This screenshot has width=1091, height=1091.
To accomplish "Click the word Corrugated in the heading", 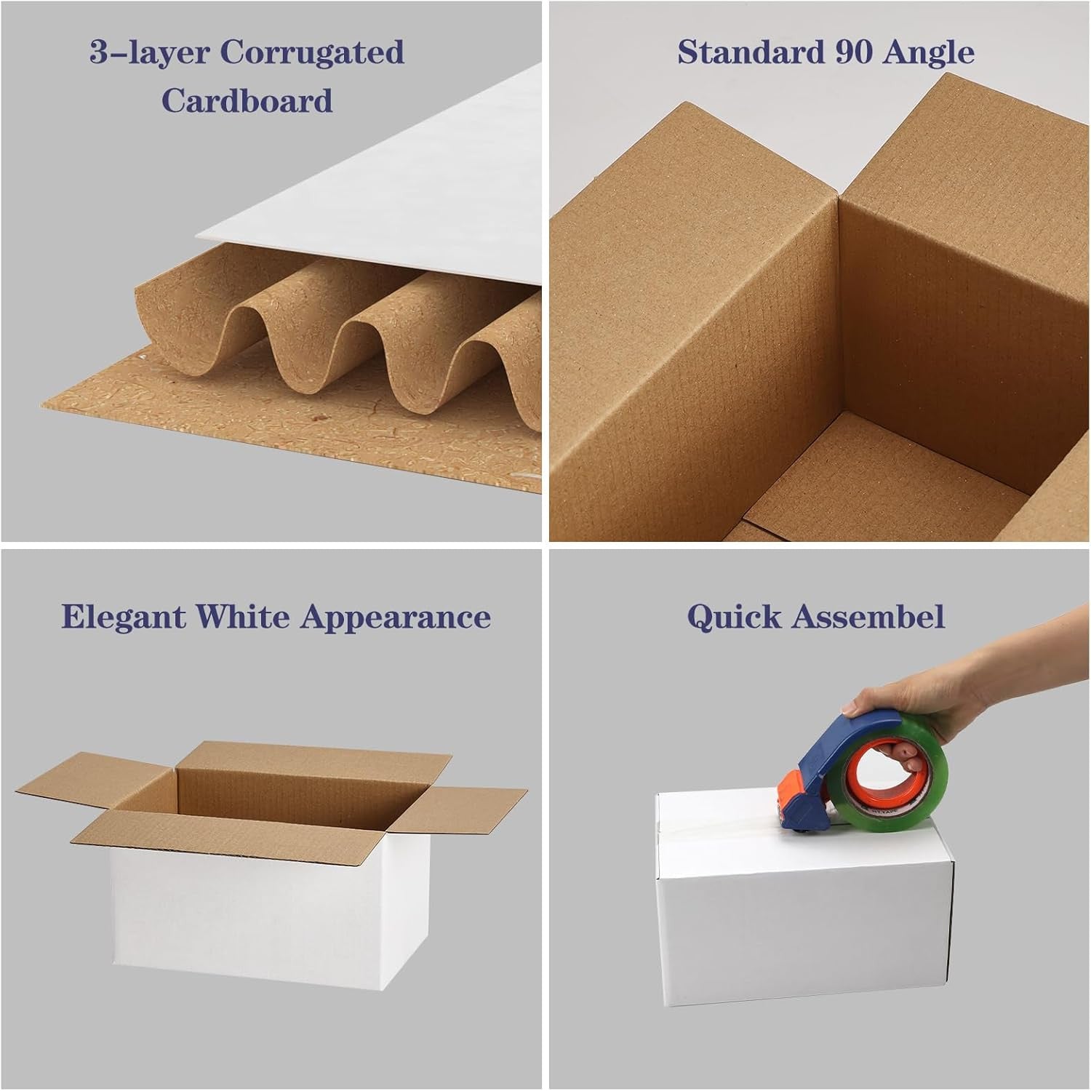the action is pos(311,52).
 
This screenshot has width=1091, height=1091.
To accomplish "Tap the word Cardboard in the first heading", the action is pos(247,100).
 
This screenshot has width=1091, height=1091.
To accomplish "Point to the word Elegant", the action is pos(124,618).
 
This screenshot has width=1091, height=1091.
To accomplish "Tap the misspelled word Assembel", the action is pos(868,617).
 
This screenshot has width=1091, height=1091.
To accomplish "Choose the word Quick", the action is pos(735,617).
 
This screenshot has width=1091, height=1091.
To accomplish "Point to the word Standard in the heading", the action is pos(747,52).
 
